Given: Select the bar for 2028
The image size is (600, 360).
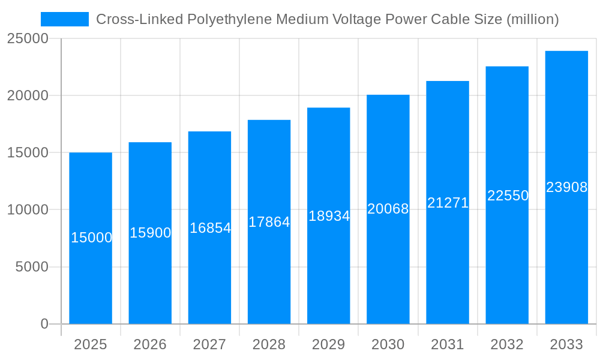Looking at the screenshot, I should coord(269,222).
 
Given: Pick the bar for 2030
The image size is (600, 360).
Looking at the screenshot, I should coord(388,209).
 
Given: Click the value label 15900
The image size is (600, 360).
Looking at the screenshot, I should coord(151,233).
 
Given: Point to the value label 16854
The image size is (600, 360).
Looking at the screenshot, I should coord(210,228).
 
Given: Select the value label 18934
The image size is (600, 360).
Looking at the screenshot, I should coord(329,216).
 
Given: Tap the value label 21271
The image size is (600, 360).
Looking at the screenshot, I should coord(448,203).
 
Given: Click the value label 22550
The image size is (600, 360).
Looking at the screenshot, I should coord(508,196).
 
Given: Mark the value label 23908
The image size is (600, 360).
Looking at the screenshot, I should coord(566,187).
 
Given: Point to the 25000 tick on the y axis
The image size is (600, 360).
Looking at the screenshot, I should coord(28,39).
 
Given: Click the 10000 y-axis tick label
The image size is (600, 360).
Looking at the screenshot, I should coord(28,210).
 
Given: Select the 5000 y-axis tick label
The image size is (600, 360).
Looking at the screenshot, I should coord(31,267).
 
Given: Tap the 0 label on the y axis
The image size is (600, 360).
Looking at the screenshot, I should coord(44,324).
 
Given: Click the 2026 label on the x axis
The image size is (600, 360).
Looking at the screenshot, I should coord(150,344).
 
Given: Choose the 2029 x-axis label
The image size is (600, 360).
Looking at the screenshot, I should coord(329,344).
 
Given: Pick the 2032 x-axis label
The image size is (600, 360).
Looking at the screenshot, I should coord(507,344).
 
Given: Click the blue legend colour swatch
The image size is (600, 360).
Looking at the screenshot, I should coord(65,19).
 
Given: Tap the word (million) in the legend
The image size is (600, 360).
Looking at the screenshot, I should coord(533,19).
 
